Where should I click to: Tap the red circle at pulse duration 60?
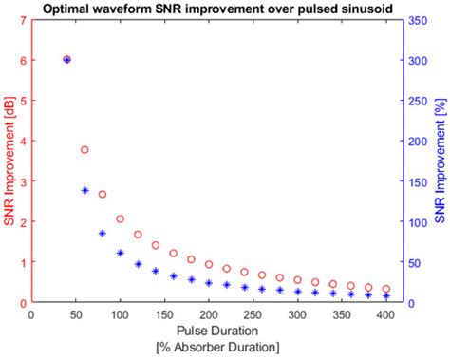(84, 150)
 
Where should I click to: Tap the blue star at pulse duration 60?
(84, 190)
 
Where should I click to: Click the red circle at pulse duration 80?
(103, 194)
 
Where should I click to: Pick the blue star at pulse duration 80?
(103, 233)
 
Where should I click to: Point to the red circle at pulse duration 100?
(120, 218)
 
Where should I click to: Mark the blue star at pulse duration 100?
(120, 253)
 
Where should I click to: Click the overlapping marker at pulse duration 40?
(66, 59)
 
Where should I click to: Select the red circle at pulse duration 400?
(385, 289)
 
